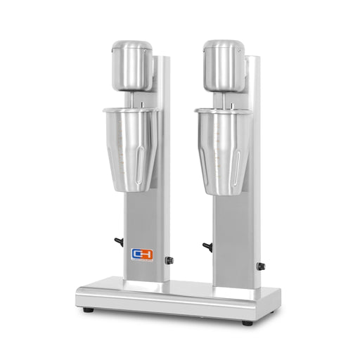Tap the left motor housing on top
pyautogui.click(x=131, y=66)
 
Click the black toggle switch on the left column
pyautogui.click(x=119, y=241)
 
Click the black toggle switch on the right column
pyautogui.click(x=207, y=246)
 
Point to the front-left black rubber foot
pyautogui.click(x=86, y=310)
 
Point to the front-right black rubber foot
pyautogui.click(x=247, y=323)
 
